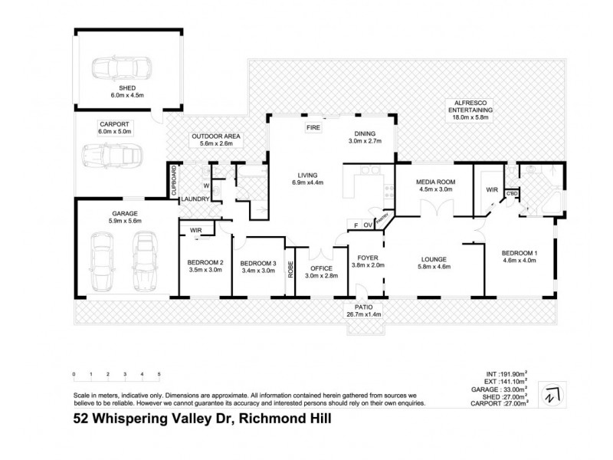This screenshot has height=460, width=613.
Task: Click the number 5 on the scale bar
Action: tap(159, 374)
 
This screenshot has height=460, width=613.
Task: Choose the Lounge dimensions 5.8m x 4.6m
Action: tap(433, 267)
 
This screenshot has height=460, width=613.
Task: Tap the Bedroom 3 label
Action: tap(257, 263)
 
